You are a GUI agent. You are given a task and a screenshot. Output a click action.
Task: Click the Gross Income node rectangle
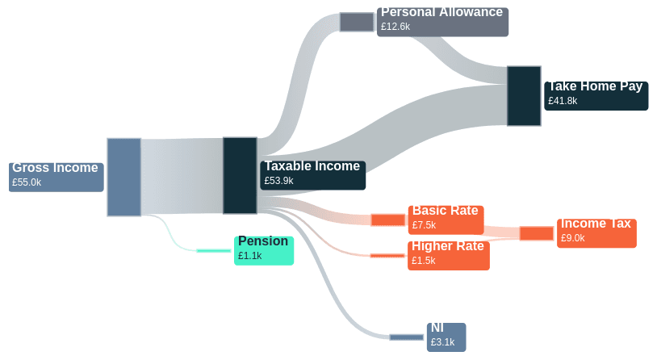123,177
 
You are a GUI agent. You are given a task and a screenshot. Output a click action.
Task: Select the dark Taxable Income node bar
240,175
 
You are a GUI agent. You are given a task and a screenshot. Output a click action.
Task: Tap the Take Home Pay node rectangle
524,96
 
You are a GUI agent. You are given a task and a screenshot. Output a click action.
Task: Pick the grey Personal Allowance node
356,22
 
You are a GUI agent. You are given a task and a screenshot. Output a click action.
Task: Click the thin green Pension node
214,251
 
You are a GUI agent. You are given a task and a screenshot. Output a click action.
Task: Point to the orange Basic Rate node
387,220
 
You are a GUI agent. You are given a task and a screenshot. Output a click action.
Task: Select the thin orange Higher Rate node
387,256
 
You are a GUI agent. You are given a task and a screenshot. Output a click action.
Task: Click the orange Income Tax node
536,233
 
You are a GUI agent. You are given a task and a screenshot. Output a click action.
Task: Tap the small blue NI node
406,337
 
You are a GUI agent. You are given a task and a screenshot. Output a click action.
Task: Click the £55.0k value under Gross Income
27,183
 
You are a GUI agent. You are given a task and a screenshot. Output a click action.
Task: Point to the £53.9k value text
278,182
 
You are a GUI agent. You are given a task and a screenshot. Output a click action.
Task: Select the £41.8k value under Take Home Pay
563,102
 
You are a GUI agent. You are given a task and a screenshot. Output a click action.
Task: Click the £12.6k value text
395,27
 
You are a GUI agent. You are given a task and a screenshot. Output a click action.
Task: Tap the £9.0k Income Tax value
572,238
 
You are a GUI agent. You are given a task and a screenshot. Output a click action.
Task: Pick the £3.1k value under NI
442,342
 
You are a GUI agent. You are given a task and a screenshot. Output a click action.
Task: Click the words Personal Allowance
441,12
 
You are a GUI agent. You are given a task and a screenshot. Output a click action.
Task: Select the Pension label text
263,241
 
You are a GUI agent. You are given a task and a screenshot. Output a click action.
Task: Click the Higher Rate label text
448,246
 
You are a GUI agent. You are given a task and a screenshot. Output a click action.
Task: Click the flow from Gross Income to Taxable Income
182,176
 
